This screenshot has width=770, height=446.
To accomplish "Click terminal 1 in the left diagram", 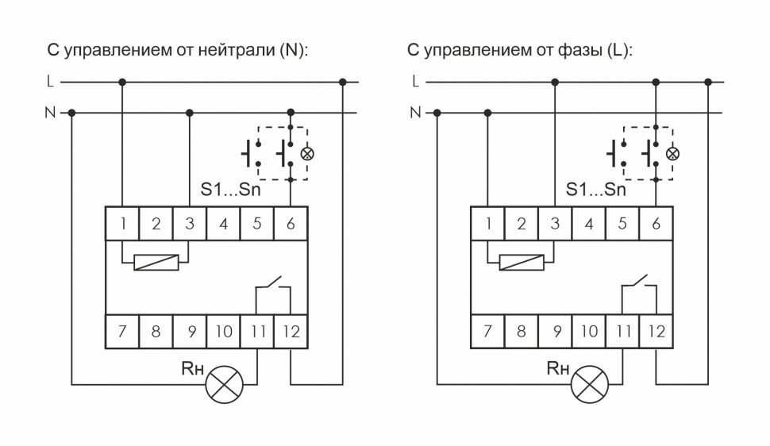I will tap(123, 224).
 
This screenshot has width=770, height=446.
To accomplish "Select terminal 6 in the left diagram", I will tap(291, 224).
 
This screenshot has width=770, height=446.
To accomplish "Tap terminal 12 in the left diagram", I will tap(291, 331).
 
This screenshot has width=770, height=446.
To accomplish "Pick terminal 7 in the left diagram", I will tap(123, 331).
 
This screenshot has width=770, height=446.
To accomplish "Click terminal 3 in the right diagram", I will tap(555, 224).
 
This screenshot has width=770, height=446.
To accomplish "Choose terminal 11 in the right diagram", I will tap(622, 331).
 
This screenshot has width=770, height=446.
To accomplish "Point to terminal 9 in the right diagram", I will tap(555, 331).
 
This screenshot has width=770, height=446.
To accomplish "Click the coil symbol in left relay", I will tap(156, 261).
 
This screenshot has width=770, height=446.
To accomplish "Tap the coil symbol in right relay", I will tap(522, 261).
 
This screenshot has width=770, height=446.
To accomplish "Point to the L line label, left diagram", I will tap(50, 81).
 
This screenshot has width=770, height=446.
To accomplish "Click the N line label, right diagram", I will tap(414, 113).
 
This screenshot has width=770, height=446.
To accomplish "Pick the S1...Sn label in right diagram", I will tap(595, 190).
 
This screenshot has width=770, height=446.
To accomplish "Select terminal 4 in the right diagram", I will tap(588, 224).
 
